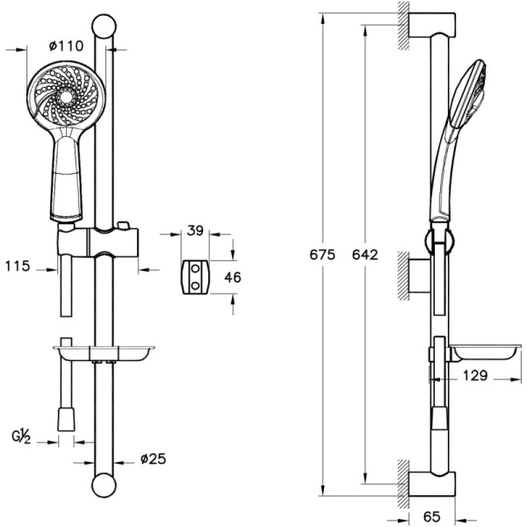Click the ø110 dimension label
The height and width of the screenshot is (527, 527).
(66, 46)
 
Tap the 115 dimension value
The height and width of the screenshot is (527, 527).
(18, 266)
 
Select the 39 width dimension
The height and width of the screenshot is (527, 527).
(195, 230)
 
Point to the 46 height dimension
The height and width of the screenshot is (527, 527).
(233, 278)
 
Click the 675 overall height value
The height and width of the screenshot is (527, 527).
(322, 255)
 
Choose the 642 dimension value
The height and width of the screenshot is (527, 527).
(365, 255)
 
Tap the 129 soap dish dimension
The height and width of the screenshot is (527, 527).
(475, 375)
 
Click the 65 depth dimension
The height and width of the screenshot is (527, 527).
(432, 516)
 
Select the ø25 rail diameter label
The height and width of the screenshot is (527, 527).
(153, 458)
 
